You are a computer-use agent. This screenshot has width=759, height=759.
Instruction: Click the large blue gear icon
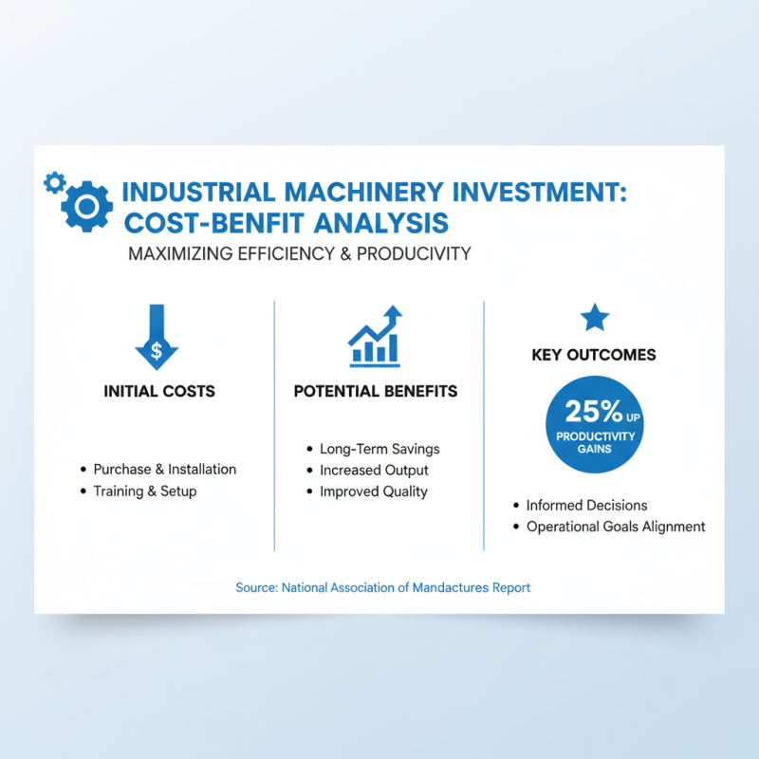pos(86,206)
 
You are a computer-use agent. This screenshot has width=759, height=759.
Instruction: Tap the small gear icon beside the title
pos(55,181)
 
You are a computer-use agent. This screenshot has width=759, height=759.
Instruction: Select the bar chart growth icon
pos(376,337)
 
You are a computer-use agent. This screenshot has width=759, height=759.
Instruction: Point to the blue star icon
pos(595,318)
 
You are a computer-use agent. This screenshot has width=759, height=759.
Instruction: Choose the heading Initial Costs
pos(159,391)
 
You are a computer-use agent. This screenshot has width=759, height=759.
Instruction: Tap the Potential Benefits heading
pos(376,391)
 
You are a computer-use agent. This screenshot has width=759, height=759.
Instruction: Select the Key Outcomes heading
pos(594,355)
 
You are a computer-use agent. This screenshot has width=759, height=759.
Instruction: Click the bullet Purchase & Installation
pos(164,469)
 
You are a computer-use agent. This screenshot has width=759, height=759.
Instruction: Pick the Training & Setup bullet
pos(144,491)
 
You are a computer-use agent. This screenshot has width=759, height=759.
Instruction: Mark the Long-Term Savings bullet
pos(379,449)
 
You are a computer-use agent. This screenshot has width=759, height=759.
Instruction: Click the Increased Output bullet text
pos(374,470)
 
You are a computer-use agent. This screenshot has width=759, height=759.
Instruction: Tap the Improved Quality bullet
pos(374,491)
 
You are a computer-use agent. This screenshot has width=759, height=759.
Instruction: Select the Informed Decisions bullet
pos(587,506)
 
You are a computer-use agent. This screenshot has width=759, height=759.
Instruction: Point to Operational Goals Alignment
pos(616,527)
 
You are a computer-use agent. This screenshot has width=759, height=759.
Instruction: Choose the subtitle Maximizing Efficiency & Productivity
pos(299,254)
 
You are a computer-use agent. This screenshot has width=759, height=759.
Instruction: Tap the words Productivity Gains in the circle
pos(594,442)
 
